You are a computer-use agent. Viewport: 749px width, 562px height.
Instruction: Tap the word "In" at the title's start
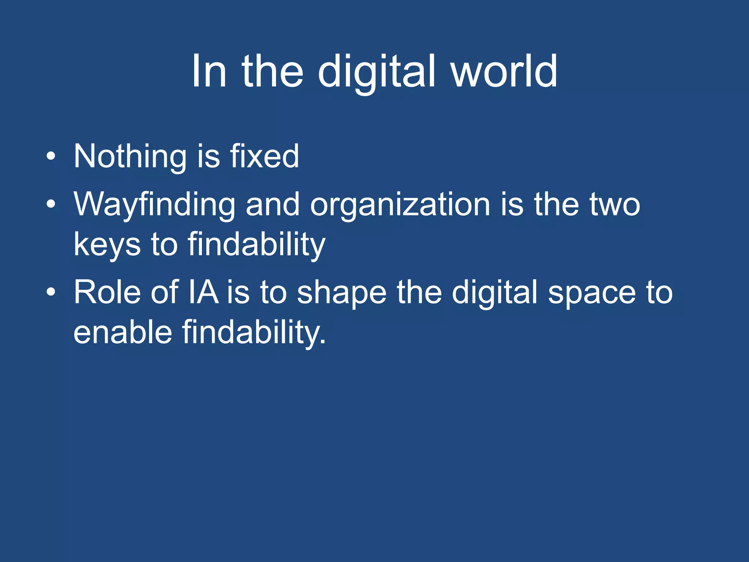208,71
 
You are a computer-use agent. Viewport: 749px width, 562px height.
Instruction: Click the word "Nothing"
130,157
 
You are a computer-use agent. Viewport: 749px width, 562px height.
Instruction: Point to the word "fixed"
264,157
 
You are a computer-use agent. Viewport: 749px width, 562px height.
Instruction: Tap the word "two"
614,205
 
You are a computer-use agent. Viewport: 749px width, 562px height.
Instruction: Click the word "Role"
107,292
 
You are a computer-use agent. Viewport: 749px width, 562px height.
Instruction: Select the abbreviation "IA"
203,292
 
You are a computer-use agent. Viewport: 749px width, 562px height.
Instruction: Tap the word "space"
592,293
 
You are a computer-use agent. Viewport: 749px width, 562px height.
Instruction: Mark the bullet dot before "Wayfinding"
51,205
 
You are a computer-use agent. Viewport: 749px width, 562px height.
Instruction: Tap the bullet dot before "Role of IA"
51,293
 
